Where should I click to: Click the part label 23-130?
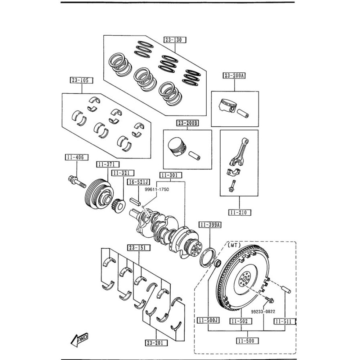point(175,40)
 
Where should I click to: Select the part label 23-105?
point(81,80)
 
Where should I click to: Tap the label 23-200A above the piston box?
point(234,76)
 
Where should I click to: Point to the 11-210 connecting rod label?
point(239,212)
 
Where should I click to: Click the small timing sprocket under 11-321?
point(118,206)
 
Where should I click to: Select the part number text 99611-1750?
point(157,189)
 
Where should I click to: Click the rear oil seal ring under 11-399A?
point(207,257)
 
